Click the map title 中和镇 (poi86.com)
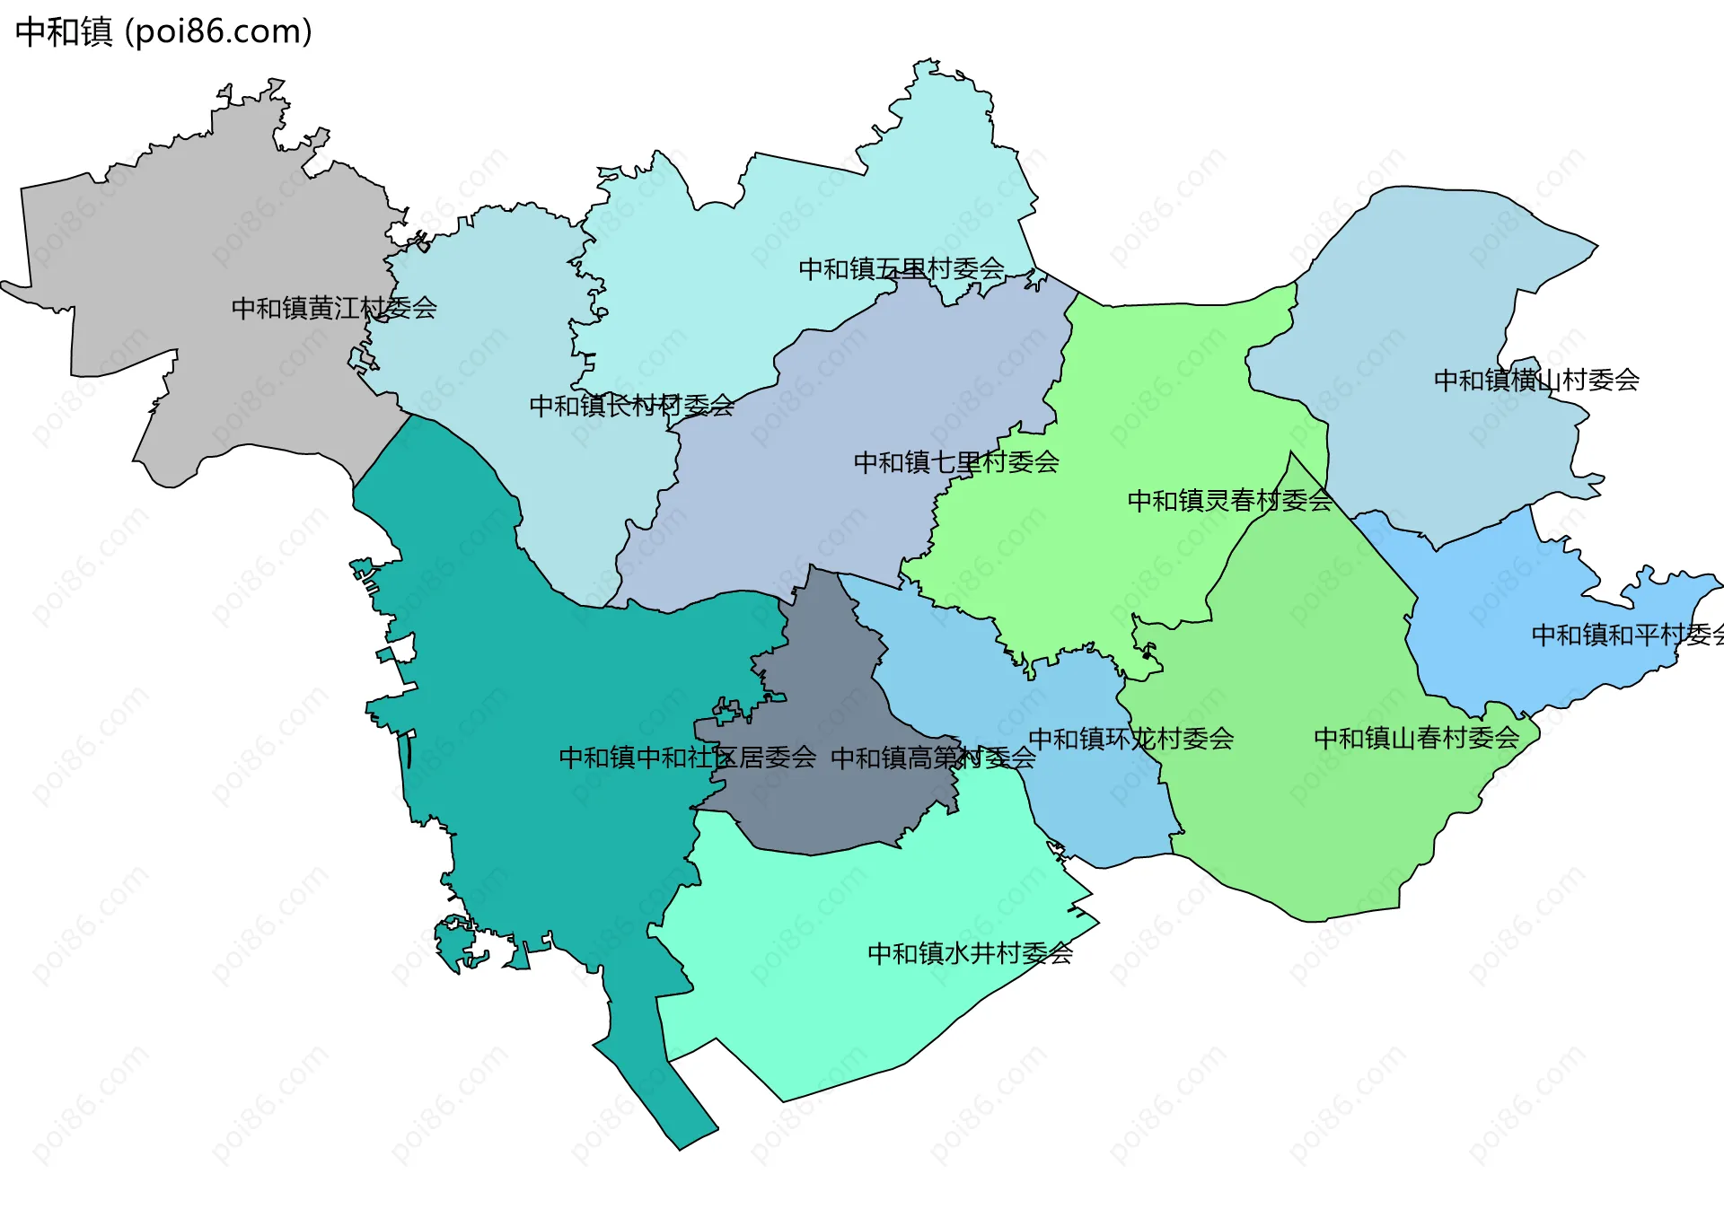pyautogui.click(x=163, y=32)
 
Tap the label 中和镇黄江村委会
pyautogui.click(x=334, y=308)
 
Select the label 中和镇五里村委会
pyautogui.click(x=902, y=268)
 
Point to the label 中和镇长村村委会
pyautogui.click(x=631, y=406)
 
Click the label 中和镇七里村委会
pyautogui.click(x=956, y=462)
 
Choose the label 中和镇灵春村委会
pyautogui.click(x=1229, y=500)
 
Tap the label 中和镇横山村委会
pyautogui.click(x=1536, y=380)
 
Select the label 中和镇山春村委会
pyautogui.click(x=1416, y=738)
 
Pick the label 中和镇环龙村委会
pyautogui.click(x=1130, y=739)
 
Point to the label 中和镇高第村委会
pyautogui.click(x=933, y=758)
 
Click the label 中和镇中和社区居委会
pyautogui.click(x=687, y=758)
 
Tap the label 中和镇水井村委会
pyautogui.click(x=970, y=952)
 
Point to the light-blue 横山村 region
pyautogui.click(x=1437, y=287)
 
